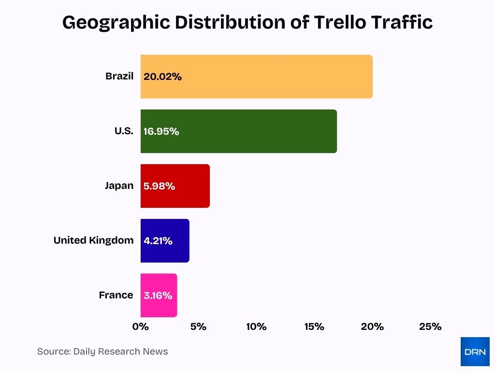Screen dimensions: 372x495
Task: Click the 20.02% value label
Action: [162, 77]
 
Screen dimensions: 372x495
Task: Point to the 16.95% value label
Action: [161, 131]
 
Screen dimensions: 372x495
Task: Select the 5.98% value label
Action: [159, 186]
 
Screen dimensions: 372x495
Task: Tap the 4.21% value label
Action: [158, 241]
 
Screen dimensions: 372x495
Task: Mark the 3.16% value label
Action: [158, 295]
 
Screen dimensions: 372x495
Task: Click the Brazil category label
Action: [119, 76]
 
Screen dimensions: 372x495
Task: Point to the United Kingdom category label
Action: [93, 240]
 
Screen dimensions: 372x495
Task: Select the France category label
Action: [116, 295]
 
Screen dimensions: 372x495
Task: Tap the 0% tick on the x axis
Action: [141, 326]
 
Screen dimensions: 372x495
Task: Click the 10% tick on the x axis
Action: [256, 326]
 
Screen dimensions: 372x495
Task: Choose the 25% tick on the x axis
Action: [430, 326]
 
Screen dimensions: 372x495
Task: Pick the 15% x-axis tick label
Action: [314, 326]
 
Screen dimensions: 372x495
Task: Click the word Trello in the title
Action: [341, 22]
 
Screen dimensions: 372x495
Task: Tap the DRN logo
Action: [475, 351]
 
